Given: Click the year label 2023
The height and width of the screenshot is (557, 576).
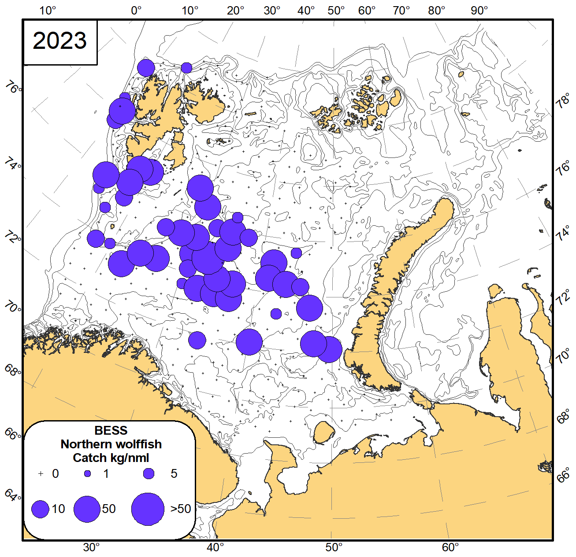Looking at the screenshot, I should (x=60, y=41).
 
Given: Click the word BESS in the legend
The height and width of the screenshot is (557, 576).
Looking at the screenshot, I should (x=111, y=430).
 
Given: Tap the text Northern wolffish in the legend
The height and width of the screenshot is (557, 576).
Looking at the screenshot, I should (x=111, y=444).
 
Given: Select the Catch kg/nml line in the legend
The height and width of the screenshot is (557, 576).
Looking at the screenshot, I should (x=111, y=458).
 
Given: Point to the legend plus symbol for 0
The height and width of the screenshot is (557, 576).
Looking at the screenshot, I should (x=41, y=474).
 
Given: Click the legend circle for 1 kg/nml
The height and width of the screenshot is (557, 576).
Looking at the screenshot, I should (x=88, y=474).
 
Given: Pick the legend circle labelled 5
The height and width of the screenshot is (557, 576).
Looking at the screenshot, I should (x=149, y=474).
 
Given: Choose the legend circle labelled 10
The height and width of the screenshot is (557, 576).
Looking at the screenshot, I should (x=41, y=509).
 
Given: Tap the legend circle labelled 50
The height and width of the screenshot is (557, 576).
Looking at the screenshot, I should (x=87, y=509).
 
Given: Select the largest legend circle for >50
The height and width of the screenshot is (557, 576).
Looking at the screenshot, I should (x=148, y=509).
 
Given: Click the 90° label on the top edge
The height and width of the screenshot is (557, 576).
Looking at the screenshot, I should (x=479, y=11).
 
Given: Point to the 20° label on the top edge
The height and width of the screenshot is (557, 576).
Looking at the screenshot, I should (x=235, y=11).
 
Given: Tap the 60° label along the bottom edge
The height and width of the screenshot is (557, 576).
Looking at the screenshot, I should (x=450, y=548).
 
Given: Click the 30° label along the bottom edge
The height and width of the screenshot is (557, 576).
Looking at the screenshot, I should (x=92, y=548).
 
